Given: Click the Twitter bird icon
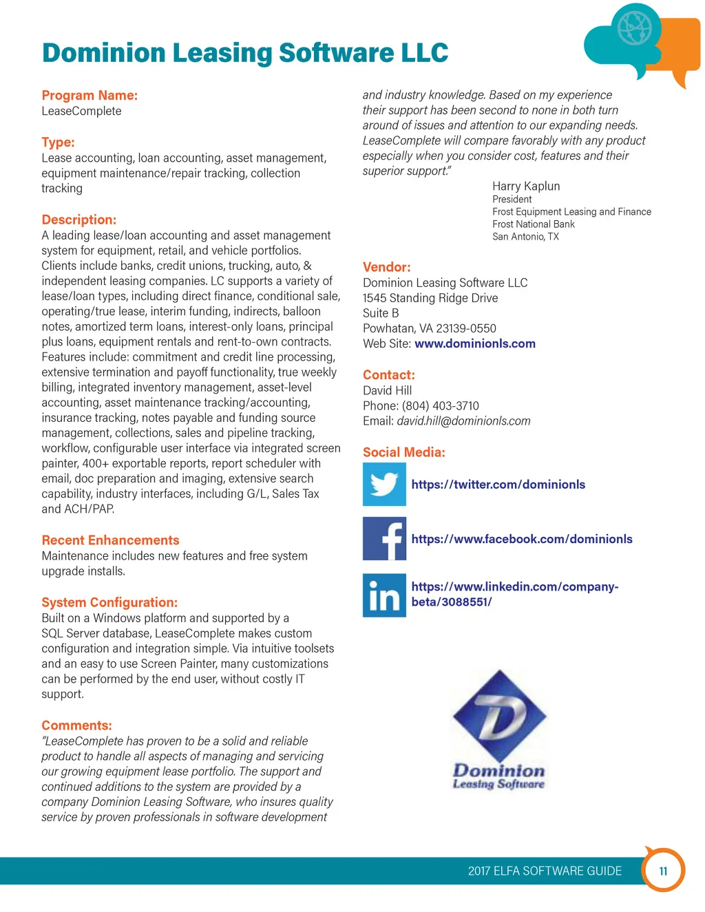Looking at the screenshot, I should (x=384, y=485).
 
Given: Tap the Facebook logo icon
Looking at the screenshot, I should (x=384, y=539).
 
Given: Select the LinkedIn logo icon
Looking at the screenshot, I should (x=384, y=595).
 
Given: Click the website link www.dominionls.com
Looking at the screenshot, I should (x=475, y=344).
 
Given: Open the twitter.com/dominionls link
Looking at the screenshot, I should (x=498, y=485).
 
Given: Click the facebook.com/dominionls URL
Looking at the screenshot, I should (x=522, y=539).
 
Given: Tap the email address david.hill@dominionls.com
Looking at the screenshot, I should (x=463, y=421).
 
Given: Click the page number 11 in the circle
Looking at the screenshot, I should (x=663, y=871).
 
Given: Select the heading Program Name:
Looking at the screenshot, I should (x=90, y=96).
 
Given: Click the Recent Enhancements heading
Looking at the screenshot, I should (x=110, y=540).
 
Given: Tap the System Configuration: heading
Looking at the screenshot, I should (x=109, y=602).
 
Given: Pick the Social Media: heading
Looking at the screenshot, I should (x=404, y=452).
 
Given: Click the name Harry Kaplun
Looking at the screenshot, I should (x=526, y=187).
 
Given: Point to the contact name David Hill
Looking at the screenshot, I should (x=388, y=391).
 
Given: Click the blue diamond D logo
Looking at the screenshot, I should (x=499, y=716).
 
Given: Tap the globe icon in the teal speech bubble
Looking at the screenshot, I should (x=634, y=28).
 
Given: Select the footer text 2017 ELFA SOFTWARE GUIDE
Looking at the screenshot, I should (x=545, y=871).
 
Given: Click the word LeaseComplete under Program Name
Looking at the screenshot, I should (x=81, y=112).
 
